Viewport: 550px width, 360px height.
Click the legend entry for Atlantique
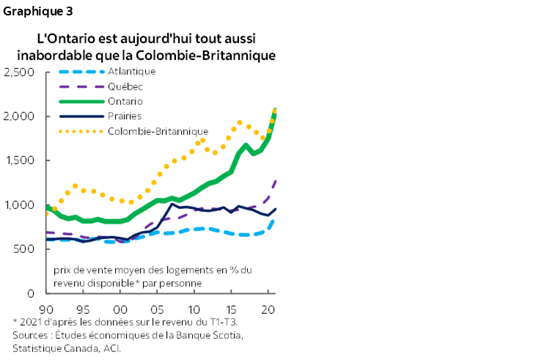[131, 72]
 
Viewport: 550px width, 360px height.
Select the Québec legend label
[125, 87]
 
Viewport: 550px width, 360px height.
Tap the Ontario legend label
[125, 101]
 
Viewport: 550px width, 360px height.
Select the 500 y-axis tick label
[26, 249]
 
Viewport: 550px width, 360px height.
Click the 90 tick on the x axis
[46, 308]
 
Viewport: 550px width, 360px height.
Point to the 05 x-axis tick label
[156, 308]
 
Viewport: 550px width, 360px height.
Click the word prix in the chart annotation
[64, 270]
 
